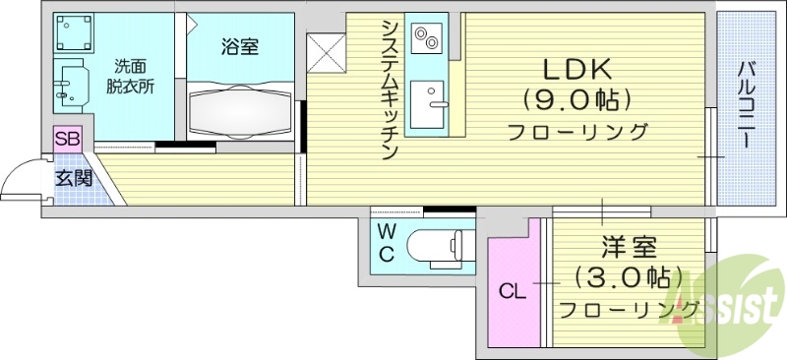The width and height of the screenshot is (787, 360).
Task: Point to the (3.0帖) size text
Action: coord(629,277)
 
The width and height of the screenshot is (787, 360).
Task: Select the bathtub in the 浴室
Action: coord(241,110)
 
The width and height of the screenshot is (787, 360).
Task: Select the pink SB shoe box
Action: coord(67,139)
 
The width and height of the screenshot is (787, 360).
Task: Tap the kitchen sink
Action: coord(429,104)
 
